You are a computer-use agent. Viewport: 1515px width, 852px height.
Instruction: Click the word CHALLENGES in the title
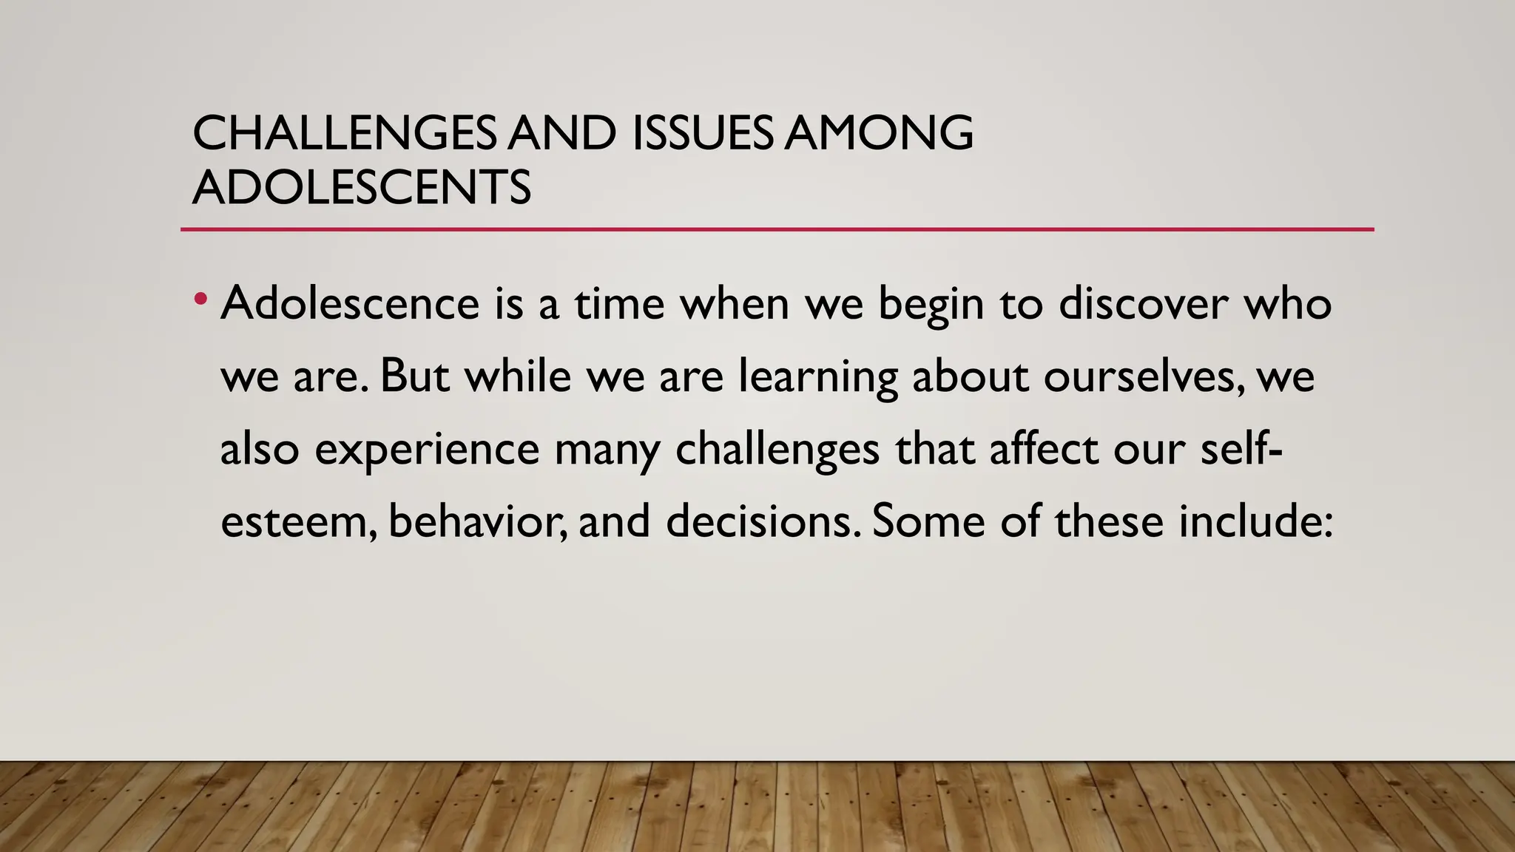coord(345,134)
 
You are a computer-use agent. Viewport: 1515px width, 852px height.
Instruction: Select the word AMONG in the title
coord(879,134)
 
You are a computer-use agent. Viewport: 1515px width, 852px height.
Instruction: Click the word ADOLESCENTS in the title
coord(362,188)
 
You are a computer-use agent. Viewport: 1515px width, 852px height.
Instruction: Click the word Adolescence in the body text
coord(350,304)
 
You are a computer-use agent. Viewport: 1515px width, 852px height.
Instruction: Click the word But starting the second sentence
coord(414,376)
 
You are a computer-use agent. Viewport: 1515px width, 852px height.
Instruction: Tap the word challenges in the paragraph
coord(777,450)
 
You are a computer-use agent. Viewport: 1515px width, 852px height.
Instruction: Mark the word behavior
coord(477,521)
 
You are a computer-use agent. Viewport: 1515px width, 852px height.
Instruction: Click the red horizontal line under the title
coord(777,230)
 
